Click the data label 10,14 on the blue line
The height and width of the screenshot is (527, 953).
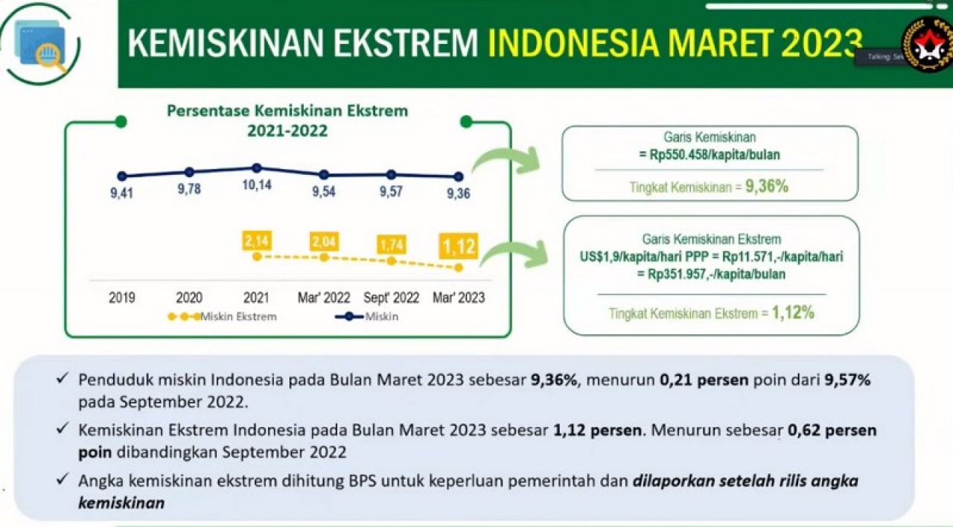pyautogui.click(x=256, y=185)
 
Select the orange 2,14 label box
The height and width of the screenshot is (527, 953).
pyautogui.click(x=256, y=240)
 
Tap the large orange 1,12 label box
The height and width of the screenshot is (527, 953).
pyautogui.click(x=458, y=246)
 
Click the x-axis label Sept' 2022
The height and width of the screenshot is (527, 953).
pyautogui.click(x=391, y=298)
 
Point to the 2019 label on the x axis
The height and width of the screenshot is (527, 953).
pyautogui.click(x=122, y=298)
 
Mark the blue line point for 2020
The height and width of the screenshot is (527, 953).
pyautogui.click(x=189, y=172)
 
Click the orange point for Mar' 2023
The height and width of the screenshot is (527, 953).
pyautogui.click(x=459, y=267)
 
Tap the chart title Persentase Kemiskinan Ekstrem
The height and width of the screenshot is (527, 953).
pyautogui.click(x=287, y=111)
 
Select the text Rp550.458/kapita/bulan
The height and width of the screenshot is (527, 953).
pyautogui.click(x=710, y=155)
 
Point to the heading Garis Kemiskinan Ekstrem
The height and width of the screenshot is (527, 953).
pyautogui.click(x=711, y=239)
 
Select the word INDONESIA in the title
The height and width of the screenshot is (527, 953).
pyautogui.click(x=573, y=43)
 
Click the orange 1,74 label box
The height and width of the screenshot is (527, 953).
pyautogui.click(x=391, y=244)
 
